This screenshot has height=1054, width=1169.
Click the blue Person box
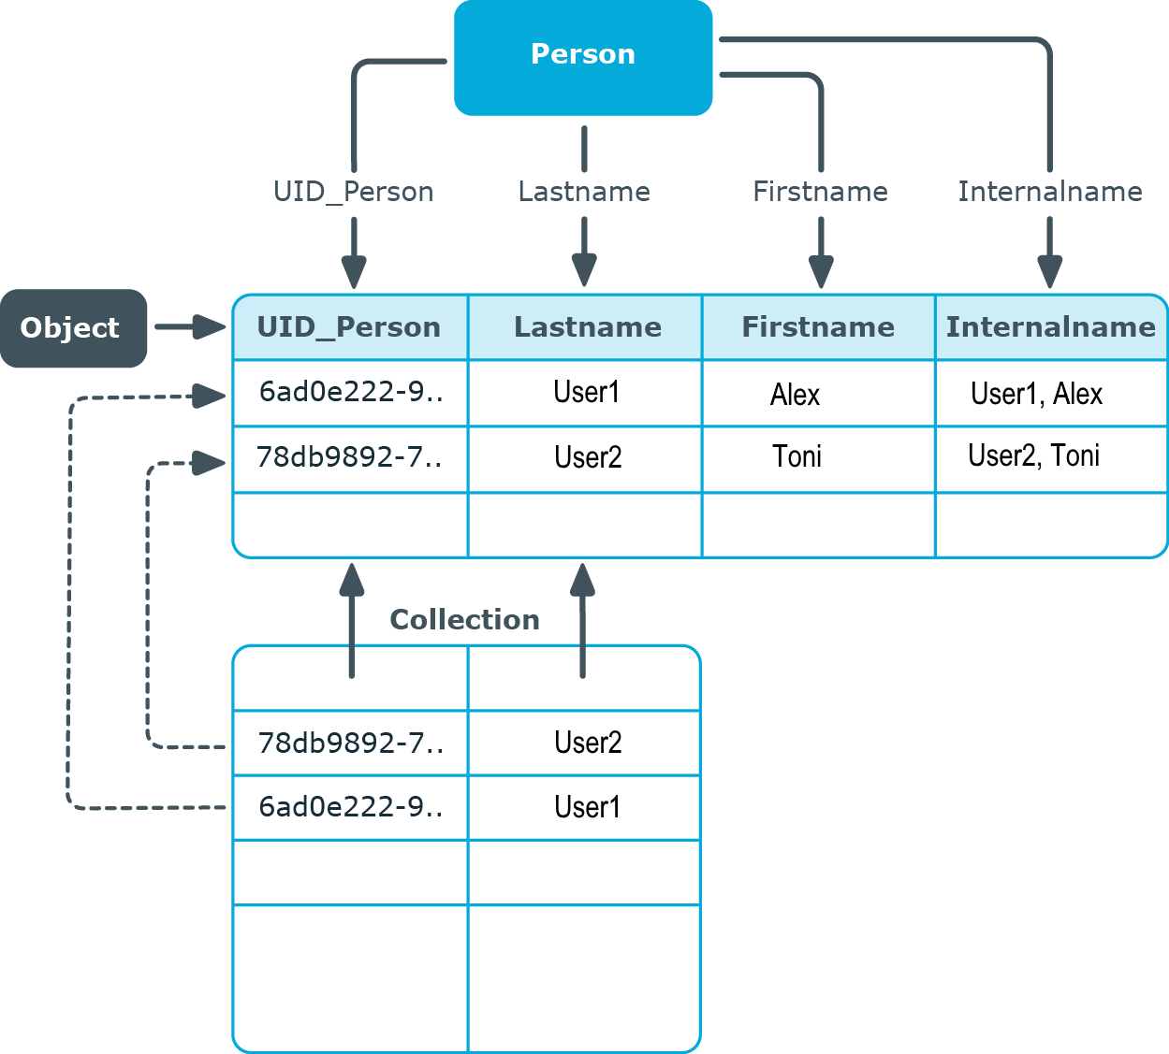[x=583, y=57]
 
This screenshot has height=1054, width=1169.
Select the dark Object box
[x=73, y=328]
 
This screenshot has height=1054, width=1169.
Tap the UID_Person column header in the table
[x=350, y=327]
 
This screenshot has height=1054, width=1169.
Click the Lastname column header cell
[x=585, y=327]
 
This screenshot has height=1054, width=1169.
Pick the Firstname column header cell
[x=819, y=327]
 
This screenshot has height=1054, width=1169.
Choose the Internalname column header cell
[x=1051, y=327]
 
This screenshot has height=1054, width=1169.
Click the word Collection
[x=464, y=620]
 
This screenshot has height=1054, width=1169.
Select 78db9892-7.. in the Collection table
[x=350, y=744]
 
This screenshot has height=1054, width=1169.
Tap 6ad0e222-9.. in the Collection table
[x=350, y=808]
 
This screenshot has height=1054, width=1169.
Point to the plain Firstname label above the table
[x=821, y=192]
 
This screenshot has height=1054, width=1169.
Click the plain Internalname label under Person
[x=1050, y=192]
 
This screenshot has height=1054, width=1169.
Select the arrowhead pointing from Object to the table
[x=210, y=326]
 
